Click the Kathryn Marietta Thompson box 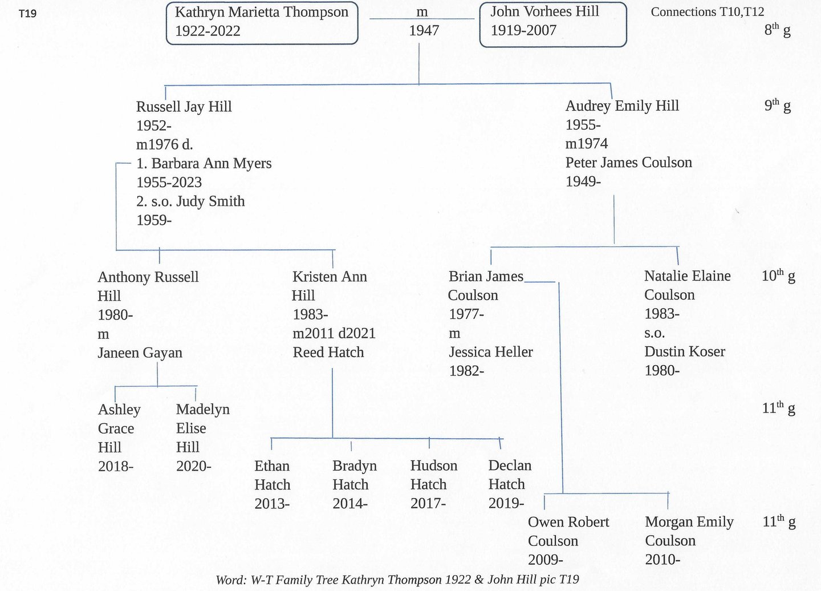[262, 22]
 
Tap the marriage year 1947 [424, 31]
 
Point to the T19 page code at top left [27, 13]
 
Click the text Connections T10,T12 [707, 12]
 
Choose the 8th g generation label [777, 30]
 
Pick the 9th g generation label [777, 106]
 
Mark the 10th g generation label [778, 276]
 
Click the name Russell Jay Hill [184, 107]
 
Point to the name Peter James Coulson [628, 163]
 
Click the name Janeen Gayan [140, 353]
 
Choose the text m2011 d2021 [334, 333]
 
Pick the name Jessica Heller [490, 352]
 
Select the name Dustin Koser [684, 351]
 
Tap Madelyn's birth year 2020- [193, 466]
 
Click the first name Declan [510, 465]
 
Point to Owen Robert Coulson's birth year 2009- [545, 560]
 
